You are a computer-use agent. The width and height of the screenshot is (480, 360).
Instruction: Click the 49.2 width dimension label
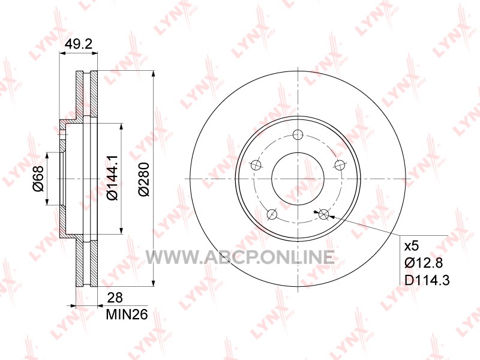[79, 44]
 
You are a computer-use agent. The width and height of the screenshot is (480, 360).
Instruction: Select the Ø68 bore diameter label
[38, 179]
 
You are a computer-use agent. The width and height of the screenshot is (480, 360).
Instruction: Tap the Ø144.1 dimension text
[112, 178]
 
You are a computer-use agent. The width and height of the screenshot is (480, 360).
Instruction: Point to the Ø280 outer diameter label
[143, 179]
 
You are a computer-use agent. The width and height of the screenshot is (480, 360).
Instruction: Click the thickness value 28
[115, 297]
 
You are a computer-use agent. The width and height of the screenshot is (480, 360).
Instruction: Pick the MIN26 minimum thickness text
[127, 314]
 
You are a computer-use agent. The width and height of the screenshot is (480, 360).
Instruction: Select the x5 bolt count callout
[412, 246]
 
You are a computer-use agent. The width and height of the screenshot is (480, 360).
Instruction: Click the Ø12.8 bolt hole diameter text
[424, 263]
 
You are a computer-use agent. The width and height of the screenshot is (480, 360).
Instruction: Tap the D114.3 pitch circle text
[427, 280]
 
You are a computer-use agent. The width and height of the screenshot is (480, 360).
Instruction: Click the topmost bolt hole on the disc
[298, 134]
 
